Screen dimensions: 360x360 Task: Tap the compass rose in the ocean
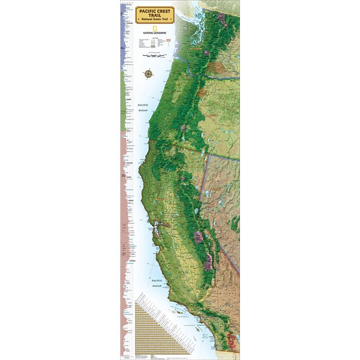[148, 74]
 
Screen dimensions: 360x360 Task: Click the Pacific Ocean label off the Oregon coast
[142, 107]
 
